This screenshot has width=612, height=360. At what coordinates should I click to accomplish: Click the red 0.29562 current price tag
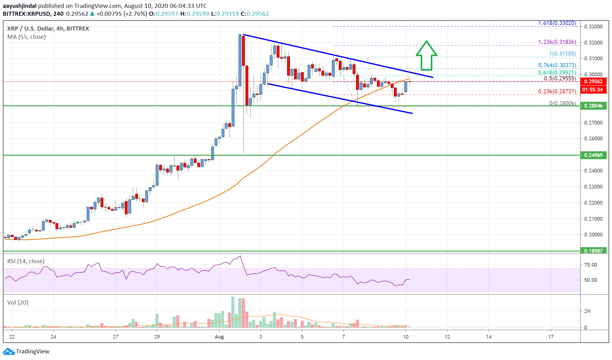(593, 81)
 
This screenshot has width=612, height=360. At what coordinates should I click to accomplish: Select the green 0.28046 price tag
(593, 106)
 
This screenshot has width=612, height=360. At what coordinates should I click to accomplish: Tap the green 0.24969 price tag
(593, 155)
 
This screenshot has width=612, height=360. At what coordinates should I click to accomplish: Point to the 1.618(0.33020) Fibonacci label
(557, 23)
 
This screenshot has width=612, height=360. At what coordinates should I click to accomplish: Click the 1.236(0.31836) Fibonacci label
(557, 42)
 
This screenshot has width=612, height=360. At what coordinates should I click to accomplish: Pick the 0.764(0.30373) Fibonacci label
(557, 65)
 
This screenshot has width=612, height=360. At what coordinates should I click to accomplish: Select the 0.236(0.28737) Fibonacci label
(557, 91)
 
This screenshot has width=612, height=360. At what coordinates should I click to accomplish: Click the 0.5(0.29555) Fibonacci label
(560, 78)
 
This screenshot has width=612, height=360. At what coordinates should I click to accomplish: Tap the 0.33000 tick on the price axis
(593, 26)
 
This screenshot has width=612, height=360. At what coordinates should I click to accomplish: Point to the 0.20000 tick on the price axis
(593, 235)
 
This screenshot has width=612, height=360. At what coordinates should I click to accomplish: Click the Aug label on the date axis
(219, 337)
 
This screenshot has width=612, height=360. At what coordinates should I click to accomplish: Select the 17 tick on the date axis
(551, 337)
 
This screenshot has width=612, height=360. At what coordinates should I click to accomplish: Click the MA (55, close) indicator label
(26, 37)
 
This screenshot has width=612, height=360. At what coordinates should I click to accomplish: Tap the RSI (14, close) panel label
(26, 261)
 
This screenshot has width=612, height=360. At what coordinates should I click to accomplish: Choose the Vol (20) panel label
(18, 302)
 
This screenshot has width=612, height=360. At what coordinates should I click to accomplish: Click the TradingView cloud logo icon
(9, 351)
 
